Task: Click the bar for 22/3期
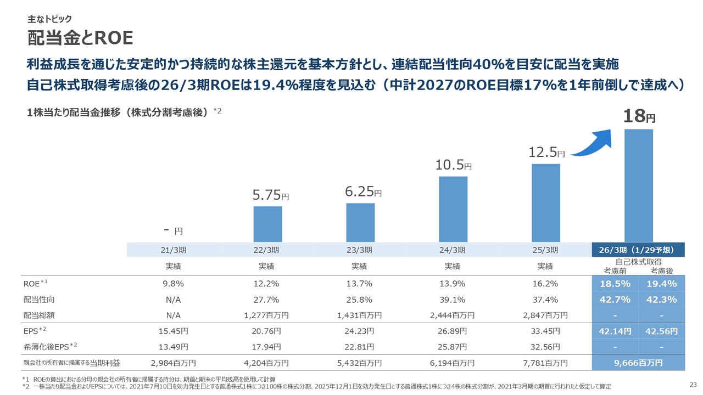point(267,224)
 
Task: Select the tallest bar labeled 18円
point(639,185)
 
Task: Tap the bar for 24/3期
point(453,209)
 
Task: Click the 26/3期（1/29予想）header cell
point(638,250)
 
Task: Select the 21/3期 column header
point(174,250)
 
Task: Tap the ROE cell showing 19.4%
point(662,284)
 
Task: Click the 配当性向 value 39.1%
point(453,300)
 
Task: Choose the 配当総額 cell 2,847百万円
point(545,315)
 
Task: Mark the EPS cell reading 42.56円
point(662,331)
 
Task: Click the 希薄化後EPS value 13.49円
point(174,347)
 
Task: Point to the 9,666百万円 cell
point(638,363)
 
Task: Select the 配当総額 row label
point(38,315)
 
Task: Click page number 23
point(692,383)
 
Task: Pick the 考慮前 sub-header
point(615,270)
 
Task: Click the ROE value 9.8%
point(174,284)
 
